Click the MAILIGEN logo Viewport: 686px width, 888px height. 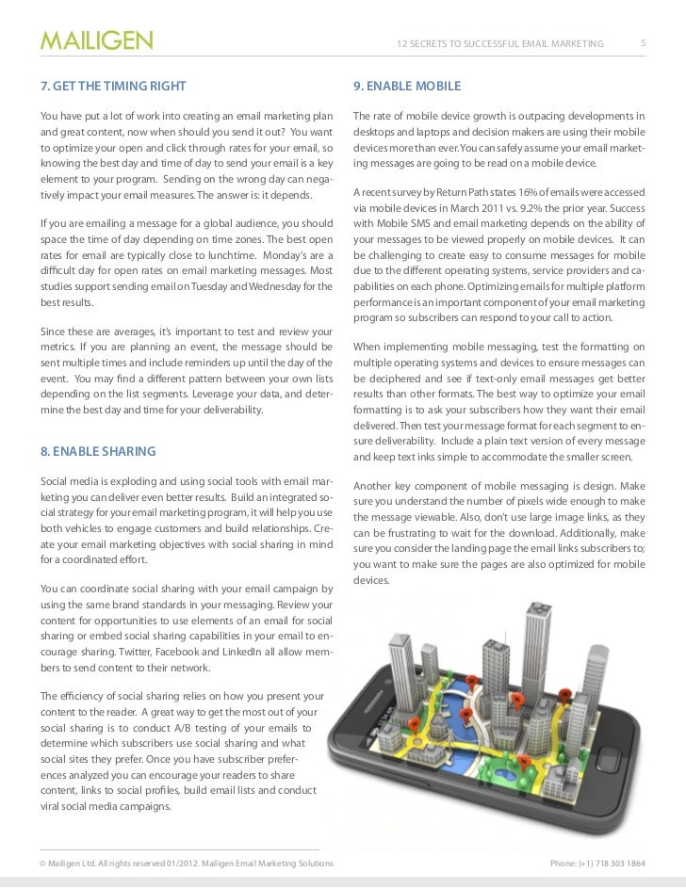(x=95, y=41)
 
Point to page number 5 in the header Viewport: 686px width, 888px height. (x=643, y=42)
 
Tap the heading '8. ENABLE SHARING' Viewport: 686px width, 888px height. (x=98, y=452)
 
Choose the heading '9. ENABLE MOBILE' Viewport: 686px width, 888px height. (x=407, y=87)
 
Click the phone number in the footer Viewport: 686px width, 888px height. (x=597, y=863)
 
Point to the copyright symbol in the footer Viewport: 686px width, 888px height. (x=43, y=863)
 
